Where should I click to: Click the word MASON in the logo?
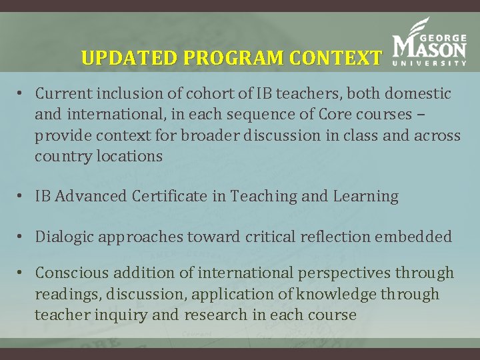tap(430, 47)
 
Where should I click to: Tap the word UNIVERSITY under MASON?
tap(430, 64)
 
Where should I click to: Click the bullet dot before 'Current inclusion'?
tap(22, 94)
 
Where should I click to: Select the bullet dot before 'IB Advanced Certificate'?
tap(22, 197)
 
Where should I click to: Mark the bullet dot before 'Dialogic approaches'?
tap(22, 237)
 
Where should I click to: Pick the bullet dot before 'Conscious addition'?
tap(22, 273)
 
